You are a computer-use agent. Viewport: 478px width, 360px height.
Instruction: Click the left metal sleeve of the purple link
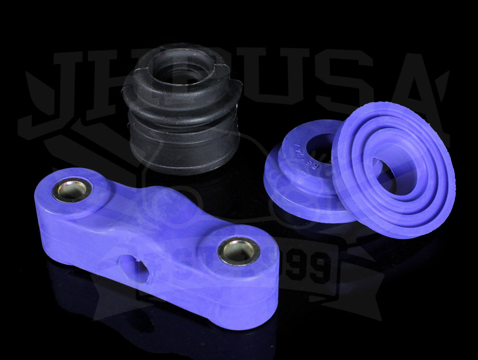pyautogui.click(x=72, y=190)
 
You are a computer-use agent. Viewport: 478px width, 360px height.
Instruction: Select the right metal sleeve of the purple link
pyautogui.click(x=239, y=251)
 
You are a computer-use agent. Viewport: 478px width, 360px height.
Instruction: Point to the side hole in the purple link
pyautogui.click(x=134, y=268)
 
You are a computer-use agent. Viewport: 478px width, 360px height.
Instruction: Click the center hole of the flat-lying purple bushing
pyautogui.click(x=319, y=148)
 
